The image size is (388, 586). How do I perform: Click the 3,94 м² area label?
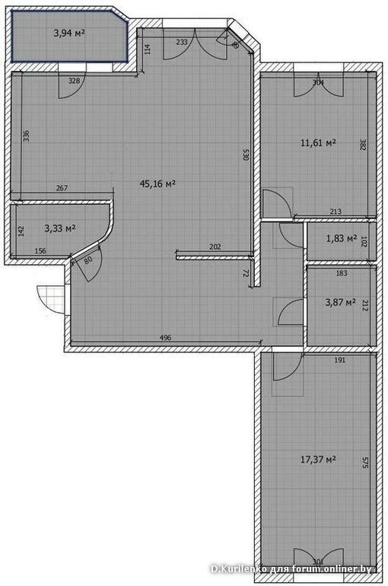[x=69, y=33]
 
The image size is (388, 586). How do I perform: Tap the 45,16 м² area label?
[x=158, y=183]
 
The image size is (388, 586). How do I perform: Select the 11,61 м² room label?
[x=318, y=142]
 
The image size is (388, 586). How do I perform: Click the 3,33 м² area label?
[x=59, y=228]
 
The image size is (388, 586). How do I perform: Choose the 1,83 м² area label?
[x=342, y=239]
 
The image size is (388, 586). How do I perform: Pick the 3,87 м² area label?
[x=340, y=303]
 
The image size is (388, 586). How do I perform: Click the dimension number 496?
[x=165, y=336]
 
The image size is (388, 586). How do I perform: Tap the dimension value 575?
[x=365, y=462]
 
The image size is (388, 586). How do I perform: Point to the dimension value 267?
[x=63, y=189]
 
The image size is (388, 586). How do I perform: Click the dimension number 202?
[x=215, y=247]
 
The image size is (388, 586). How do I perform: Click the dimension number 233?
[x=182, y=42]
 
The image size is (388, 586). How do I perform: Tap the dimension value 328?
[x=74, y=80]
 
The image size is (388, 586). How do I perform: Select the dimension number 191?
[x=339, y=361]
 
